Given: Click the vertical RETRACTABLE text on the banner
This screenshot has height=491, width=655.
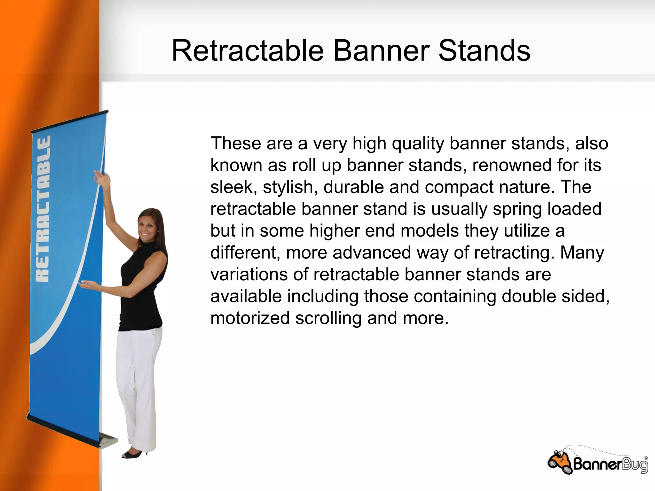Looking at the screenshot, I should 43,209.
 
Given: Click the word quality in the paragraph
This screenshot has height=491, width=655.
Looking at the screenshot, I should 418,144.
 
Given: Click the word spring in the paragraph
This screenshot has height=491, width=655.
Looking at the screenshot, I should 517,209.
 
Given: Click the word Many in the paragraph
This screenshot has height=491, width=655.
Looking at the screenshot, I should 582,253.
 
